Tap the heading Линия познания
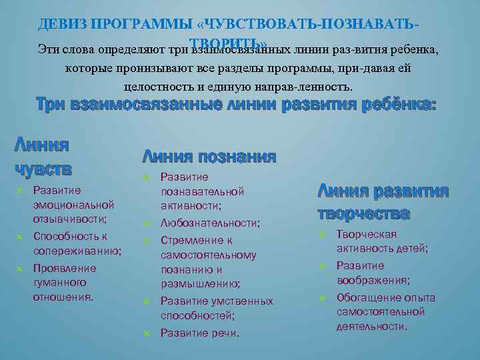[209, 157]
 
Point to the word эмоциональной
[73, 205]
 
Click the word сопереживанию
[77, 251]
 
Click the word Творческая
[367, 234]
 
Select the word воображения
[373, 281]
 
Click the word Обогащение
[369, 297]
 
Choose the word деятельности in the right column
[371, 326]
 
